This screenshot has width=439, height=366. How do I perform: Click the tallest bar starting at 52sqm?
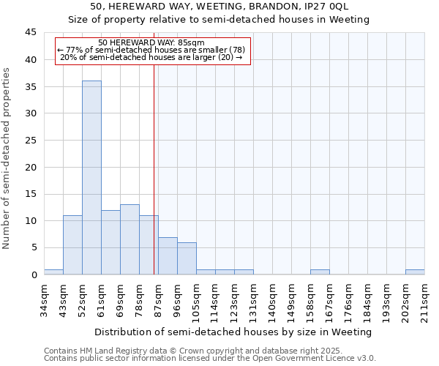[91, 177]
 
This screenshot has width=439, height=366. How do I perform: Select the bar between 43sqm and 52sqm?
[72, 244]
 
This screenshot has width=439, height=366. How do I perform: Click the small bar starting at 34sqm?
[53, 272]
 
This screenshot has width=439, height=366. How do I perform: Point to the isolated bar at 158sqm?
[320, 272]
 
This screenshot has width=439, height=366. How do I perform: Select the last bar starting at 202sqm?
[415, 272]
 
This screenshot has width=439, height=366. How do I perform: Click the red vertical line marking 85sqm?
[154, 168]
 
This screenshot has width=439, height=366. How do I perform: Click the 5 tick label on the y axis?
[33, 247]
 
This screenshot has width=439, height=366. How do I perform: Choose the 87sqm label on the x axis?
[158, 297]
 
